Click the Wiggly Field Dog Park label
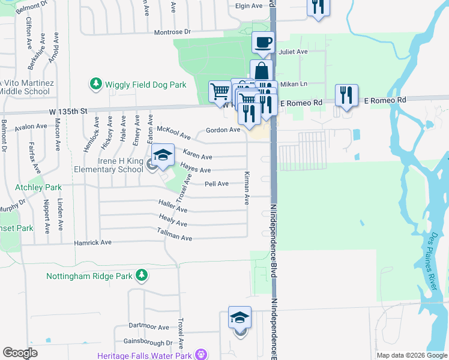pos(146,85)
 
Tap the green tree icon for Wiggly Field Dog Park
pos(95,85)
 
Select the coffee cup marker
pos(263,42)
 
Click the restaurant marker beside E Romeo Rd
pos(346,95)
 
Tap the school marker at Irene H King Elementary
pos(162,155)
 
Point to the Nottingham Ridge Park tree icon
pos(141,276)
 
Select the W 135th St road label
pos(68,110)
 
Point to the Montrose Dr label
pos(172,32)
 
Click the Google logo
pos(20,353)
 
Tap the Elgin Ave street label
pos(249,6)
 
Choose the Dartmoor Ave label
pos(150,327)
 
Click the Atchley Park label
pos(38,187)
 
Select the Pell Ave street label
pos(216,184)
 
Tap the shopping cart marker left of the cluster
pos(220,91)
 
